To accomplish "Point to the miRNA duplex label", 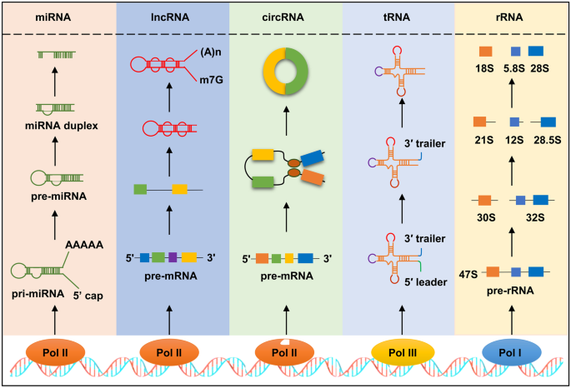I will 58,125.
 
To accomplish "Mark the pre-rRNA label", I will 513,291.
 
